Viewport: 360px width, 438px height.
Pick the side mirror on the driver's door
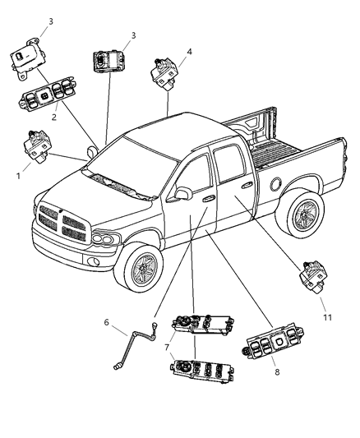click(183, 194)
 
